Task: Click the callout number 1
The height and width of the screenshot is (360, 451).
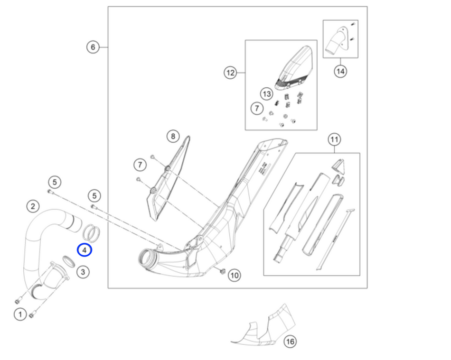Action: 20,314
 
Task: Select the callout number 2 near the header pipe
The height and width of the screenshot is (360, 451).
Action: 32,206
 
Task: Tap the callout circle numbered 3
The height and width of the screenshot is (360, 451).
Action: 83,272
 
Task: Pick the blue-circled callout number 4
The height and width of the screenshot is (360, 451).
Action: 84,249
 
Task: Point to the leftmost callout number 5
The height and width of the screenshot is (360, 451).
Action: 55,182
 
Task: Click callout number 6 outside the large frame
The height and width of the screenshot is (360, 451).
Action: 93,47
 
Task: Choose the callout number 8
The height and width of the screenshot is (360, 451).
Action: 173,137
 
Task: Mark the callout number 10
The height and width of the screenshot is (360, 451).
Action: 234,275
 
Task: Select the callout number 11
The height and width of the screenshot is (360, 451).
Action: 334,140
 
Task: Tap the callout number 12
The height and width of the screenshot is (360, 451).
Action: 230,73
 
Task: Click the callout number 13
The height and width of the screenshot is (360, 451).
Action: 267,94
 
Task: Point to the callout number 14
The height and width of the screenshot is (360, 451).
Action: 340,71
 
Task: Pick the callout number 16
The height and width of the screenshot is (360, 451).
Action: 290,342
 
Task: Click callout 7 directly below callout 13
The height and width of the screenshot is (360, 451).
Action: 257,109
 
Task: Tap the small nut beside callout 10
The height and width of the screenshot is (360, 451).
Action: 221,271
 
